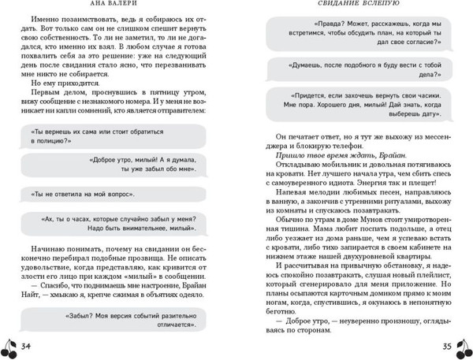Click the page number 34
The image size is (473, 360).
(x=26, y=347)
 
